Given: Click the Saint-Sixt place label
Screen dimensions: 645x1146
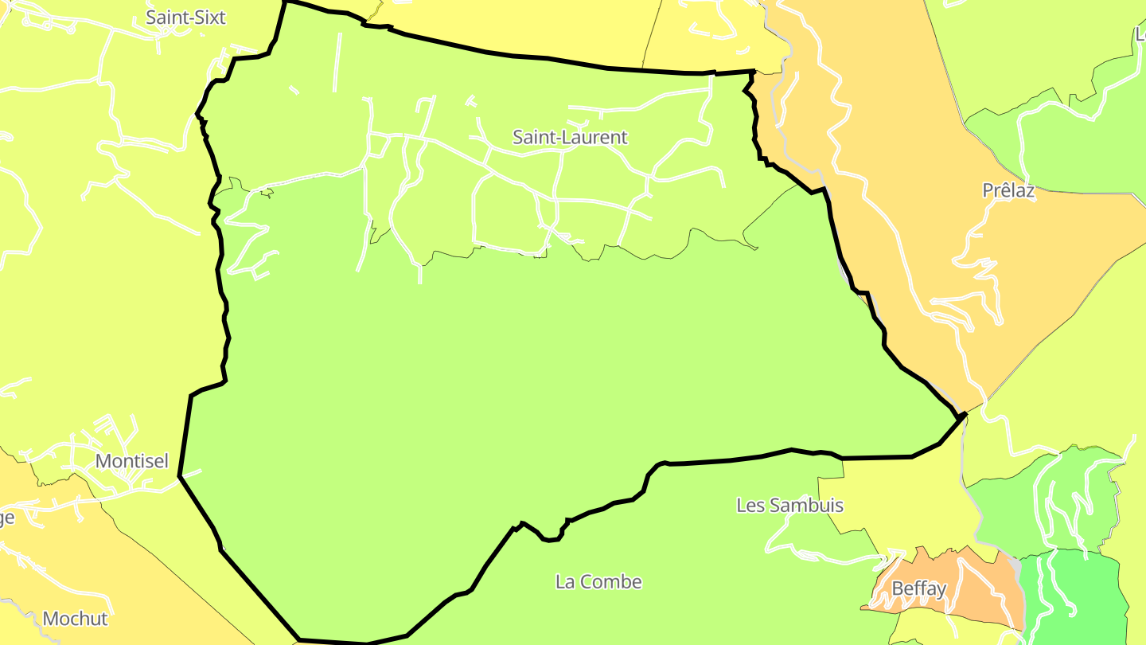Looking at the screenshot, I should (186, 18).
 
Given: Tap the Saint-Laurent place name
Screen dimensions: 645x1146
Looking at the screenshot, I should (570, 137).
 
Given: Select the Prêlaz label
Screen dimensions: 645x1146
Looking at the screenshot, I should (1008, 191).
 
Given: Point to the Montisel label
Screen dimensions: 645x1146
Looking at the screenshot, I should (132, 461).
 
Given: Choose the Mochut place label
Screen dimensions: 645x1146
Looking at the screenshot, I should (75, 619).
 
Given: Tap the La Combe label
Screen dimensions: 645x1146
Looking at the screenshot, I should (598, 582).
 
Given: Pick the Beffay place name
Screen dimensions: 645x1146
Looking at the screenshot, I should (919, 589).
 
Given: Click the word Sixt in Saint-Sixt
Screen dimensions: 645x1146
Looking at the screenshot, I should (209, 18).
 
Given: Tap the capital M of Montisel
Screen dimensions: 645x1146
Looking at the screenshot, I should (103, 461).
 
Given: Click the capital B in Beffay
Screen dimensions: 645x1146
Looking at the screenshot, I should (898, 589).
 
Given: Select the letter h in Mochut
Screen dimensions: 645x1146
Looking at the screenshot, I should (84, 619).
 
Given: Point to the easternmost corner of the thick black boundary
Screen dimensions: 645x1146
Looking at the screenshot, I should (965, 414).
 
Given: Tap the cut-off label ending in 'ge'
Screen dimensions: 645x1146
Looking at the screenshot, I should (6, 518).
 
